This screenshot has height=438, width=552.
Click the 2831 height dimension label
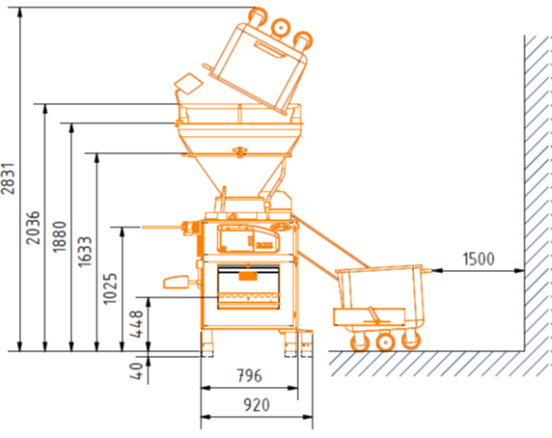pyautogui.click(x=9, y=178)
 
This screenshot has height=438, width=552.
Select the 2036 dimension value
pyautogui.click(x=33, y=227)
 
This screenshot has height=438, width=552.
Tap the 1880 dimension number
pyautogui.click(x=60, y=237)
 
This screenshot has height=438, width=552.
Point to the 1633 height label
pyautogui.click(x=85, y=252)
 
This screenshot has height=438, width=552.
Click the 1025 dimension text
pyautogui.click(x=111, y=289)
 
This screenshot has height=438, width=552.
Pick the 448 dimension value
pyautogui.click(x=136, y=324)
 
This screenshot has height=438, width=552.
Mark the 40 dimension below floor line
pyautogui.click(x=136, y=371)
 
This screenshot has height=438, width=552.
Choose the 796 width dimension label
pyautogui.click(x=250, y=376)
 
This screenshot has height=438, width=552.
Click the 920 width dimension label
pyautogui.click(x=257, y=405)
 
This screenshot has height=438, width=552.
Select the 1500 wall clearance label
pyautogui.click(x=478, y=259)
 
